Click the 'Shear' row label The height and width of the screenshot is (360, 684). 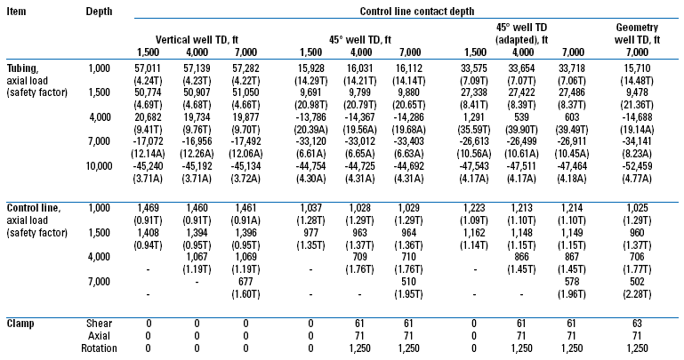coord(102,321)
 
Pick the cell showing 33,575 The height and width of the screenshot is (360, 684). coord(472,68)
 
